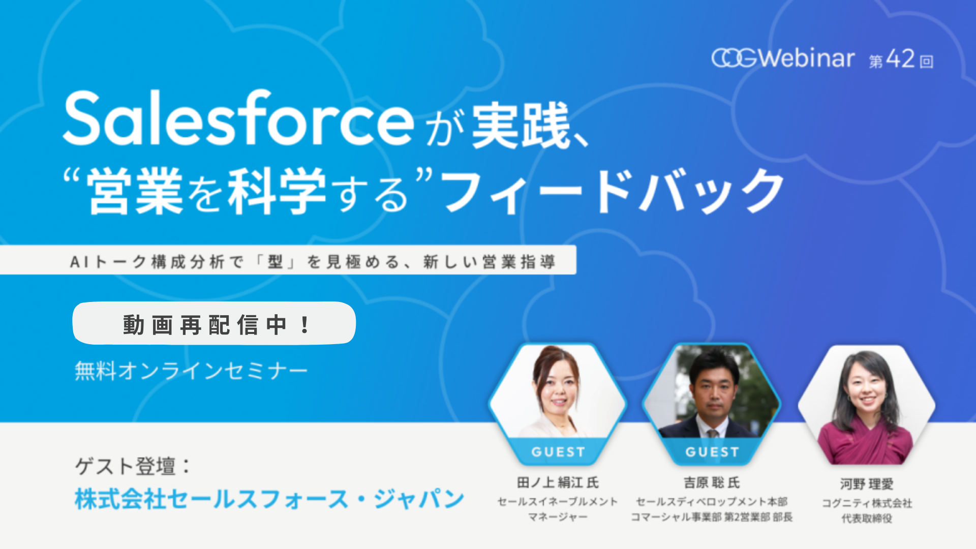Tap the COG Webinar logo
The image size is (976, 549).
(x=783, y=58)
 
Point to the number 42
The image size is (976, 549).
(x=900, y=59)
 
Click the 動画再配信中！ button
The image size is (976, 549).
(x=214, y=324)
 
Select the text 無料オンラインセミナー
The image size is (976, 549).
(x=191, y=371)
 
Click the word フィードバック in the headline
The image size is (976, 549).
(x=613, y=192)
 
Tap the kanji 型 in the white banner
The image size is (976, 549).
(x=275, y=262)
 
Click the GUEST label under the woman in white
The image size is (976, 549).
(x=558, y=452)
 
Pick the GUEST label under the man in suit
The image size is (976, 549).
(x=712, y=452)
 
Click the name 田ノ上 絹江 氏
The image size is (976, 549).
(x=558, y=482)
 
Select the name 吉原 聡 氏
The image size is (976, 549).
(x=712, y=482)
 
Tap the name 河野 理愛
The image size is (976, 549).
(x=867, y=484)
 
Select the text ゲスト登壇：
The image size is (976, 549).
(x=133, y=466)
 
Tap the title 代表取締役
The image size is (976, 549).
(x=867, y=518)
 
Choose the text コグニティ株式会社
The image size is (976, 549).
(x=867, y=503)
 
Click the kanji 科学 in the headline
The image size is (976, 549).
(x=277, y=192)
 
